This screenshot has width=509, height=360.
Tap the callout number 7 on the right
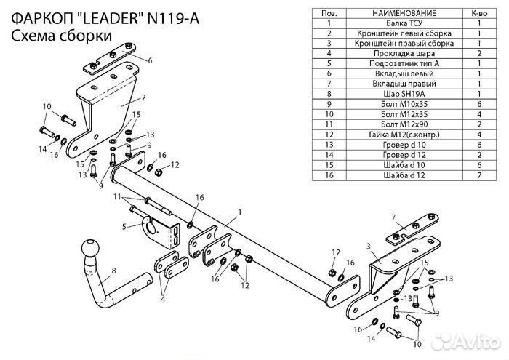coord(393,217)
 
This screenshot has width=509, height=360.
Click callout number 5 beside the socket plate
coord(124,227)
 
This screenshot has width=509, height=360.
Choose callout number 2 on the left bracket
coord(144,97)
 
